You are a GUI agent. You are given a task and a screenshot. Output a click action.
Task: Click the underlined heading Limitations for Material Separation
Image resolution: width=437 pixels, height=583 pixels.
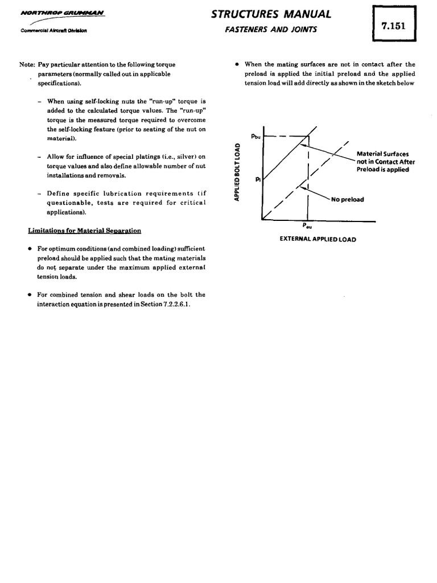(85, 231)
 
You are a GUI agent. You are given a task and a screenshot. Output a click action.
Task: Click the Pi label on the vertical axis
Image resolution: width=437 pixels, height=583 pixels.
(258, 179)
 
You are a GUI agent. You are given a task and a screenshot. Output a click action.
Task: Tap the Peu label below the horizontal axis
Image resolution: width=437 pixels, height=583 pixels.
(307, 226)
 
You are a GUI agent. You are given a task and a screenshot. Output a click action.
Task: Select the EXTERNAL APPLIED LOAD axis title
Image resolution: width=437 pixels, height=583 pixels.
(318, 239)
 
